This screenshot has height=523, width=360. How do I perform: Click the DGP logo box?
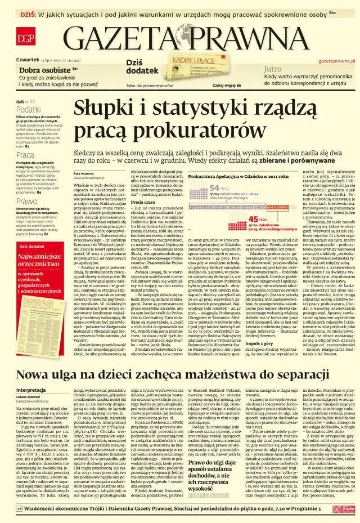25,38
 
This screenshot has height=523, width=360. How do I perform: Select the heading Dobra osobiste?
42,69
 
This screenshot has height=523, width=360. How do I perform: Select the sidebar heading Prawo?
26,200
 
